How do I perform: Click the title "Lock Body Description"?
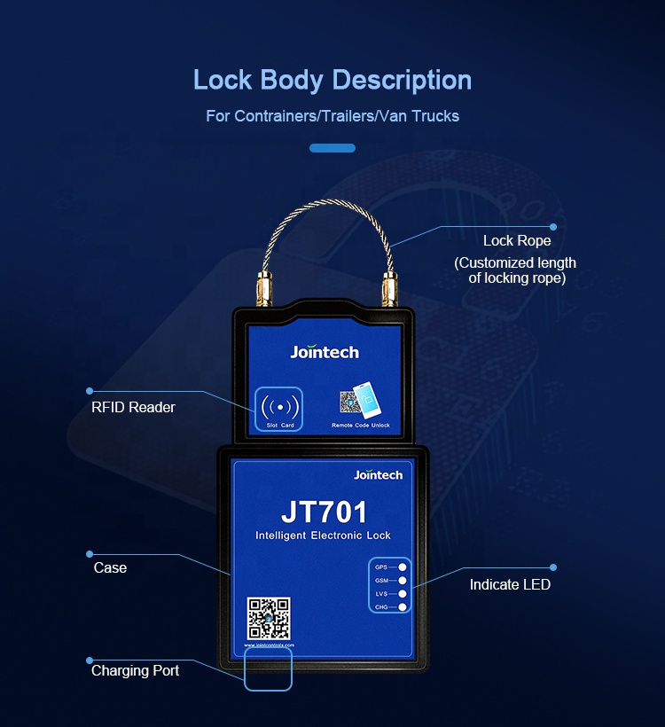[x=332, y=80]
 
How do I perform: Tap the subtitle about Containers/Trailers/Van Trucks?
[x=332, y=116]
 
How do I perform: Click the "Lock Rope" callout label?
[x=517, y=241]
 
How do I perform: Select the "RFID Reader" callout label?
[x=133, y=408]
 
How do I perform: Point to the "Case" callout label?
[x=110, y=567]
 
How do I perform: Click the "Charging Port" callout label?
[x=135, y=671]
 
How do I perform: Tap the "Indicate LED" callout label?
[x=510, y=584]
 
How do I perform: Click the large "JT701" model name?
[x=324, y=512]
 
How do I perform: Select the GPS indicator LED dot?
[x=403, y=567]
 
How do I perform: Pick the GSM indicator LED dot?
[x=403, y=580]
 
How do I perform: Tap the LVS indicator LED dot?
[x=403, y=593]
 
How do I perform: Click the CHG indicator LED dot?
[x=403, y=606]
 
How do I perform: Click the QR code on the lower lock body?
[x=269, y=618]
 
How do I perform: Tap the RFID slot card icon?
[x=280, y=408]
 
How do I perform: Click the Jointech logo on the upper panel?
[x=325, y=352]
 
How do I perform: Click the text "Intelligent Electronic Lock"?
[x=323, y=535]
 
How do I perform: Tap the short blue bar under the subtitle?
[x=332, y=148]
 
